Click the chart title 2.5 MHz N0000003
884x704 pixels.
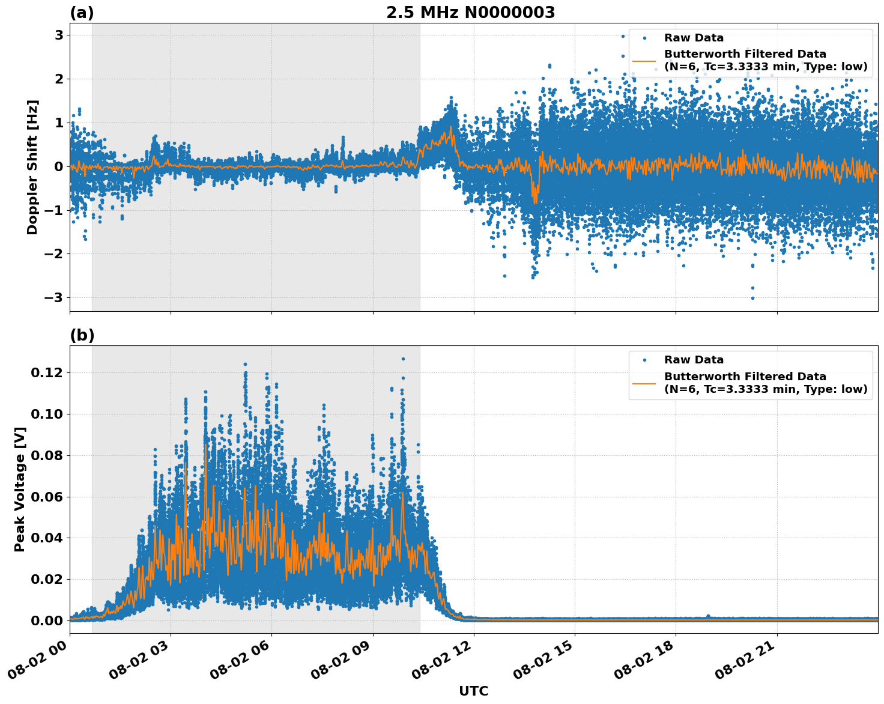tap(470, 13)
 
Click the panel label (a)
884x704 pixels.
tap(82, 13)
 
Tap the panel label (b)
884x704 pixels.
tap(82, 335)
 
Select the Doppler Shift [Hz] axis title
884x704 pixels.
tap(32, 167)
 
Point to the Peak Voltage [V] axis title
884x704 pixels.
tap(20, 489)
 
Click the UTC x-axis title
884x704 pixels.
tap(473, 691)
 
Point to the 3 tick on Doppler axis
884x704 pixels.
tap(59, 35)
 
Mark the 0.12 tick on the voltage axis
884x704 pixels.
tap(47, 372)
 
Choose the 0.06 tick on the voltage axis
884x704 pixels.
tap(47, 496)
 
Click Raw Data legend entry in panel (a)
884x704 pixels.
tap(694, 38)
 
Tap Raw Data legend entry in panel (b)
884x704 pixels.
tap(694, 360)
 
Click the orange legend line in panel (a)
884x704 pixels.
tap(644, 60)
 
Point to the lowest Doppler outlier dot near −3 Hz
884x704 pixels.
tap(752, 298)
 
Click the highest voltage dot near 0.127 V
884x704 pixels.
tap(403, 359)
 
